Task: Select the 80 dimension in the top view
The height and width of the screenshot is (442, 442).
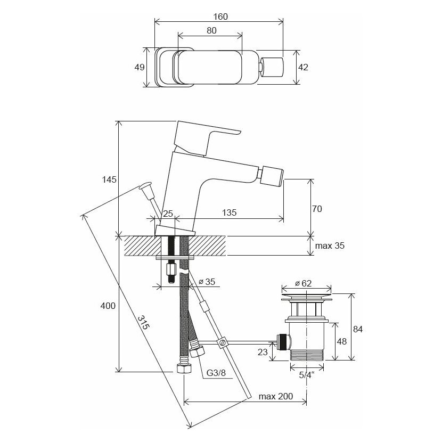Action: pos(211,31)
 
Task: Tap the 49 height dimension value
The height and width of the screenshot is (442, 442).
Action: pos(138,68)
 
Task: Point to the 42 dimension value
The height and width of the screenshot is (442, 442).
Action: pos(304,68)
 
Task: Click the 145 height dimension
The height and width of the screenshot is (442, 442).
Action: pos(109,179)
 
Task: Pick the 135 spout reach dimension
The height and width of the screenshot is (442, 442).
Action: pos(229,212)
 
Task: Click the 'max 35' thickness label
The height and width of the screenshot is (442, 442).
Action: pos(330,245)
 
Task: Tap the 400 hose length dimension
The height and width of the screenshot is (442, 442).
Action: pos(109,306)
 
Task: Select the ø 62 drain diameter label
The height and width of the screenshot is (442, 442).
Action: pos(303,283)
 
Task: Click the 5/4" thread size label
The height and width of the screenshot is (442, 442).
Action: pos(306,375)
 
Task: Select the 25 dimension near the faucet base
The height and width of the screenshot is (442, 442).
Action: pos(168,213)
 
